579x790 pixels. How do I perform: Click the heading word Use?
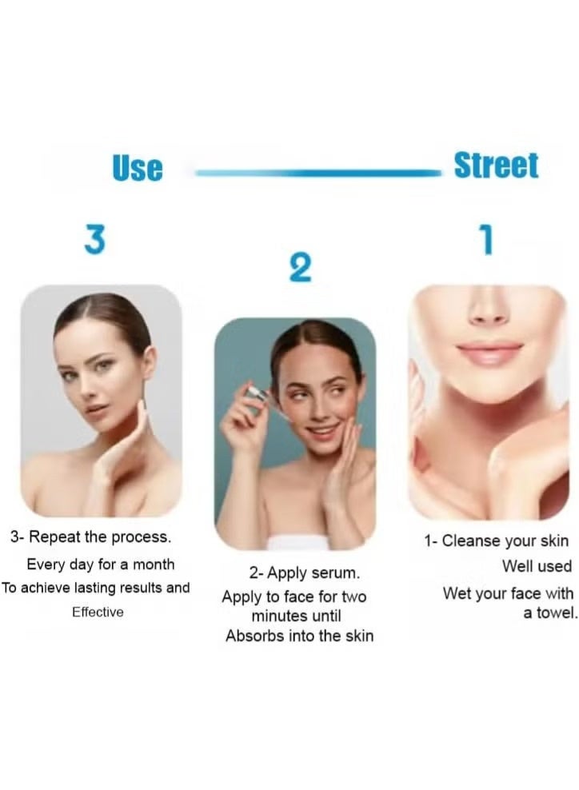(137, 168)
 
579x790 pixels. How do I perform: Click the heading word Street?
(496, 166)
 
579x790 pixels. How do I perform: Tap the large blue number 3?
(94, 240)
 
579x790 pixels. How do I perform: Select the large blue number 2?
(299, 269)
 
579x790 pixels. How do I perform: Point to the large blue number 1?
(485, 240)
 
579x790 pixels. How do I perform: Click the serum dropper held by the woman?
(257, 394)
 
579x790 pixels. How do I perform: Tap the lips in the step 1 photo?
(489, 352)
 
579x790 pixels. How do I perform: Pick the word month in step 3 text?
(154, 564)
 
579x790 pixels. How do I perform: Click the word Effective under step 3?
(98, 612)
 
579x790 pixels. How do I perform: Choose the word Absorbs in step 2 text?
(254, 636)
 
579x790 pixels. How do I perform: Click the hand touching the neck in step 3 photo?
(120, 448)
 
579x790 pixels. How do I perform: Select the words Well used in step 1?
(537, 566)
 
